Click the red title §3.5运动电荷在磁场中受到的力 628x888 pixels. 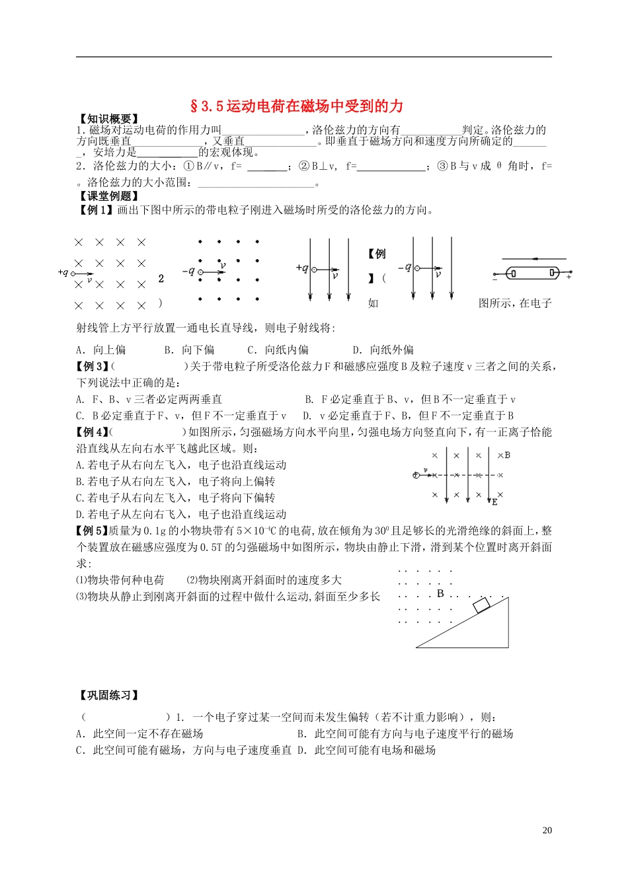296,106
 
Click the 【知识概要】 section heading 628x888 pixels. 108,119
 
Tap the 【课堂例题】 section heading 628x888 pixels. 108,196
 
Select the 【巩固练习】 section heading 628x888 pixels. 108,695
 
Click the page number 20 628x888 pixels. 547,831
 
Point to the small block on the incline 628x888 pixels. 481,604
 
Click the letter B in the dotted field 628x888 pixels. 440,593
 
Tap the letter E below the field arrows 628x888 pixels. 494,503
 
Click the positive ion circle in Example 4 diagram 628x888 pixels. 416,475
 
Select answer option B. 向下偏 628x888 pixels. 189,350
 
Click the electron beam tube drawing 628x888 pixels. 532,273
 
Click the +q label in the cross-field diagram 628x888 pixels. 63,272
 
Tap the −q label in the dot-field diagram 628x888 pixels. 188,271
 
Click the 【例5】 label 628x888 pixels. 92,531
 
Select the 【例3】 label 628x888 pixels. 92,366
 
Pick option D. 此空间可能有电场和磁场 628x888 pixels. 366,750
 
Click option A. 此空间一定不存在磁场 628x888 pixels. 139,733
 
